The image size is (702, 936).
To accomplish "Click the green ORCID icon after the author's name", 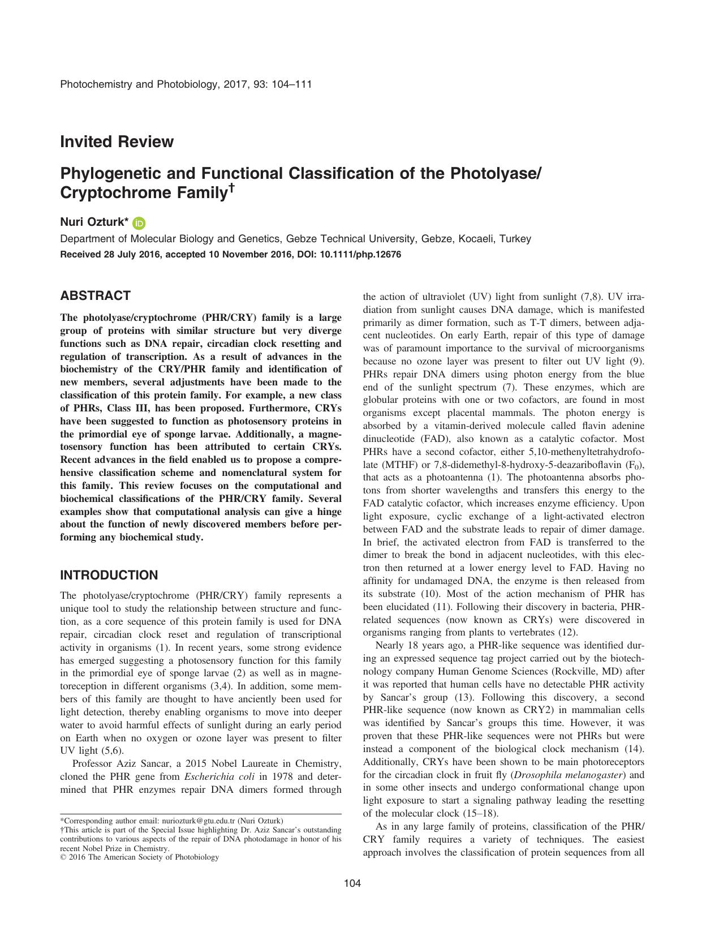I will [139, 224].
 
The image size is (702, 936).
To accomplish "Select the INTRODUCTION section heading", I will [109, 576].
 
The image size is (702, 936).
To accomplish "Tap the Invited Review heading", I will [117, 141].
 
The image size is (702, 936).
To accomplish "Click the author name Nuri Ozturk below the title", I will [93, 223].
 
